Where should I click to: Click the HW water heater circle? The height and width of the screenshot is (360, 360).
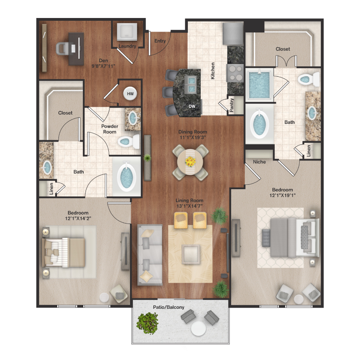point(130,94)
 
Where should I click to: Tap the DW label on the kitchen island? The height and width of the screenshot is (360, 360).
point(192,106)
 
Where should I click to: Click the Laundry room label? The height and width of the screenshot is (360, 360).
point(127,46)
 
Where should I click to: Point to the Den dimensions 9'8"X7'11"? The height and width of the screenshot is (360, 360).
point(103,66)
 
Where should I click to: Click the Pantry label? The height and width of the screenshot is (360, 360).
point(232,105)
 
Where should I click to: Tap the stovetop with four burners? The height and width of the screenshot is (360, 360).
point(235,73)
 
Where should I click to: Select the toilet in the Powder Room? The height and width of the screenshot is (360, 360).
point(128,142)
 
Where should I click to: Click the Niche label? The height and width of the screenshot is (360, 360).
point(260,162)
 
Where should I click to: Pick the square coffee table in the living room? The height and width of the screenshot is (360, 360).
point(190,254)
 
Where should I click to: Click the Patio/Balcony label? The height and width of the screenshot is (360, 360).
point(169,307)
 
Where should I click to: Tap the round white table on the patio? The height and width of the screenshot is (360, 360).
point(198,328)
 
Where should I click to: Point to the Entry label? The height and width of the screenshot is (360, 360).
point(160,41)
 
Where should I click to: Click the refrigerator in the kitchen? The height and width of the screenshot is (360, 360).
point(233,34)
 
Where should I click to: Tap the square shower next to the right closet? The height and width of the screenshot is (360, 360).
point(259,85)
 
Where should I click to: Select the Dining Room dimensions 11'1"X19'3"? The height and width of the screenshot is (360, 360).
point(193,138)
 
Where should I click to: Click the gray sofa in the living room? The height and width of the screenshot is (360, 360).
point(150,255)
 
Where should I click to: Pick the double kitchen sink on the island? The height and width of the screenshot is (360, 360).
point(192,85)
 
